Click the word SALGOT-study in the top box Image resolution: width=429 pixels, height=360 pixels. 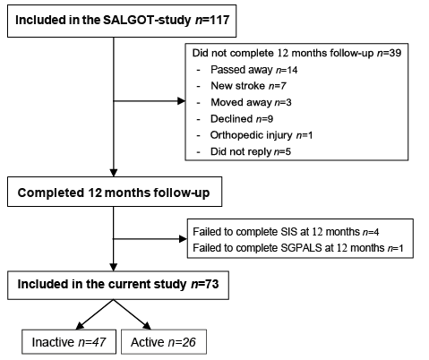point(147,21)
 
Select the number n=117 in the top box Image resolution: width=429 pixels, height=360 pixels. point(212,20)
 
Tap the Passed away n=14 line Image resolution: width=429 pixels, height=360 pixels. point(254,70)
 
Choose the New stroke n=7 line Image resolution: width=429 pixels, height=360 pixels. point(248,86)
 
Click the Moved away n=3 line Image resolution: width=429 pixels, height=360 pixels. point(251,102)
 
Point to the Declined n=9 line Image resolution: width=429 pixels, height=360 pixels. point(242,119)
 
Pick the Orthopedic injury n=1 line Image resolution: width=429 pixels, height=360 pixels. point(262,135)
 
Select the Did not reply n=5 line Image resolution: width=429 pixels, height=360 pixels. point(251,151)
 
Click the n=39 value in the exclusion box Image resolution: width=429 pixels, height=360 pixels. point(389,53)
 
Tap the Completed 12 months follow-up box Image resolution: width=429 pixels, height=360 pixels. point(115,192)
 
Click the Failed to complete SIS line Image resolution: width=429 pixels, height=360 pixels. point(286,232)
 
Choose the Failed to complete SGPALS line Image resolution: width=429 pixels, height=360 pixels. point(298,248)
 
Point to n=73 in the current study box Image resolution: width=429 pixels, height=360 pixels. point(205,284)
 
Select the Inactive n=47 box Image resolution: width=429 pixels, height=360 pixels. point(69,342)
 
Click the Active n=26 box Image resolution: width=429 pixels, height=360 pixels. point(164,342)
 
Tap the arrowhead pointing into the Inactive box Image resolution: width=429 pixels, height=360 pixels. point(80,326)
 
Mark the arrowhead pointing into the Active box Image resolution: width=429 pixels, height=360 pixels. point(148,326)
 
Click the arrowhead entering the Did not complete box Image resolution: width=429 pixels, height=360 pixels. point(181,101)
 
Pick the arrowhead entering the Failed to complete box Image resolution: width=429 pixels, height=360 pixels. point(183,239)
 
